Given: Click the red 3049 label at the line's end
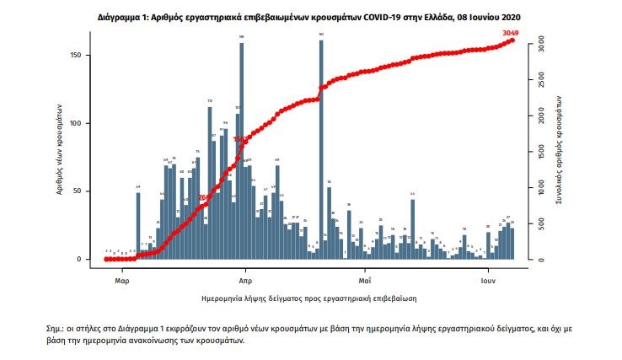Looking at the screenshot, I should [x=511, y=33].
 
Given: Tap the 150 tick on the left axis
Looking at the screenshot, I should [x=86, y=55].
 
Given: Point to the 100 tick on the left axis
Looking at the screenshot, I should [x=86, y=123].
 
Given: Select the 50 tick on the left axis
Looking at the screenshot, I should [x=88, y=191].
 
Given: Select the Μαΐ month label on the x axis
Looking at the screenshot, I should [x=365, y=278].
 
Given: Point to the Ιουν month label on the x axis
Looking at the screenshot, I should [x=488, y=278].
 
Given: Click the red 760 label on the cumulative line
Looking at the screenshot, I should [x=202, y=197].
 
